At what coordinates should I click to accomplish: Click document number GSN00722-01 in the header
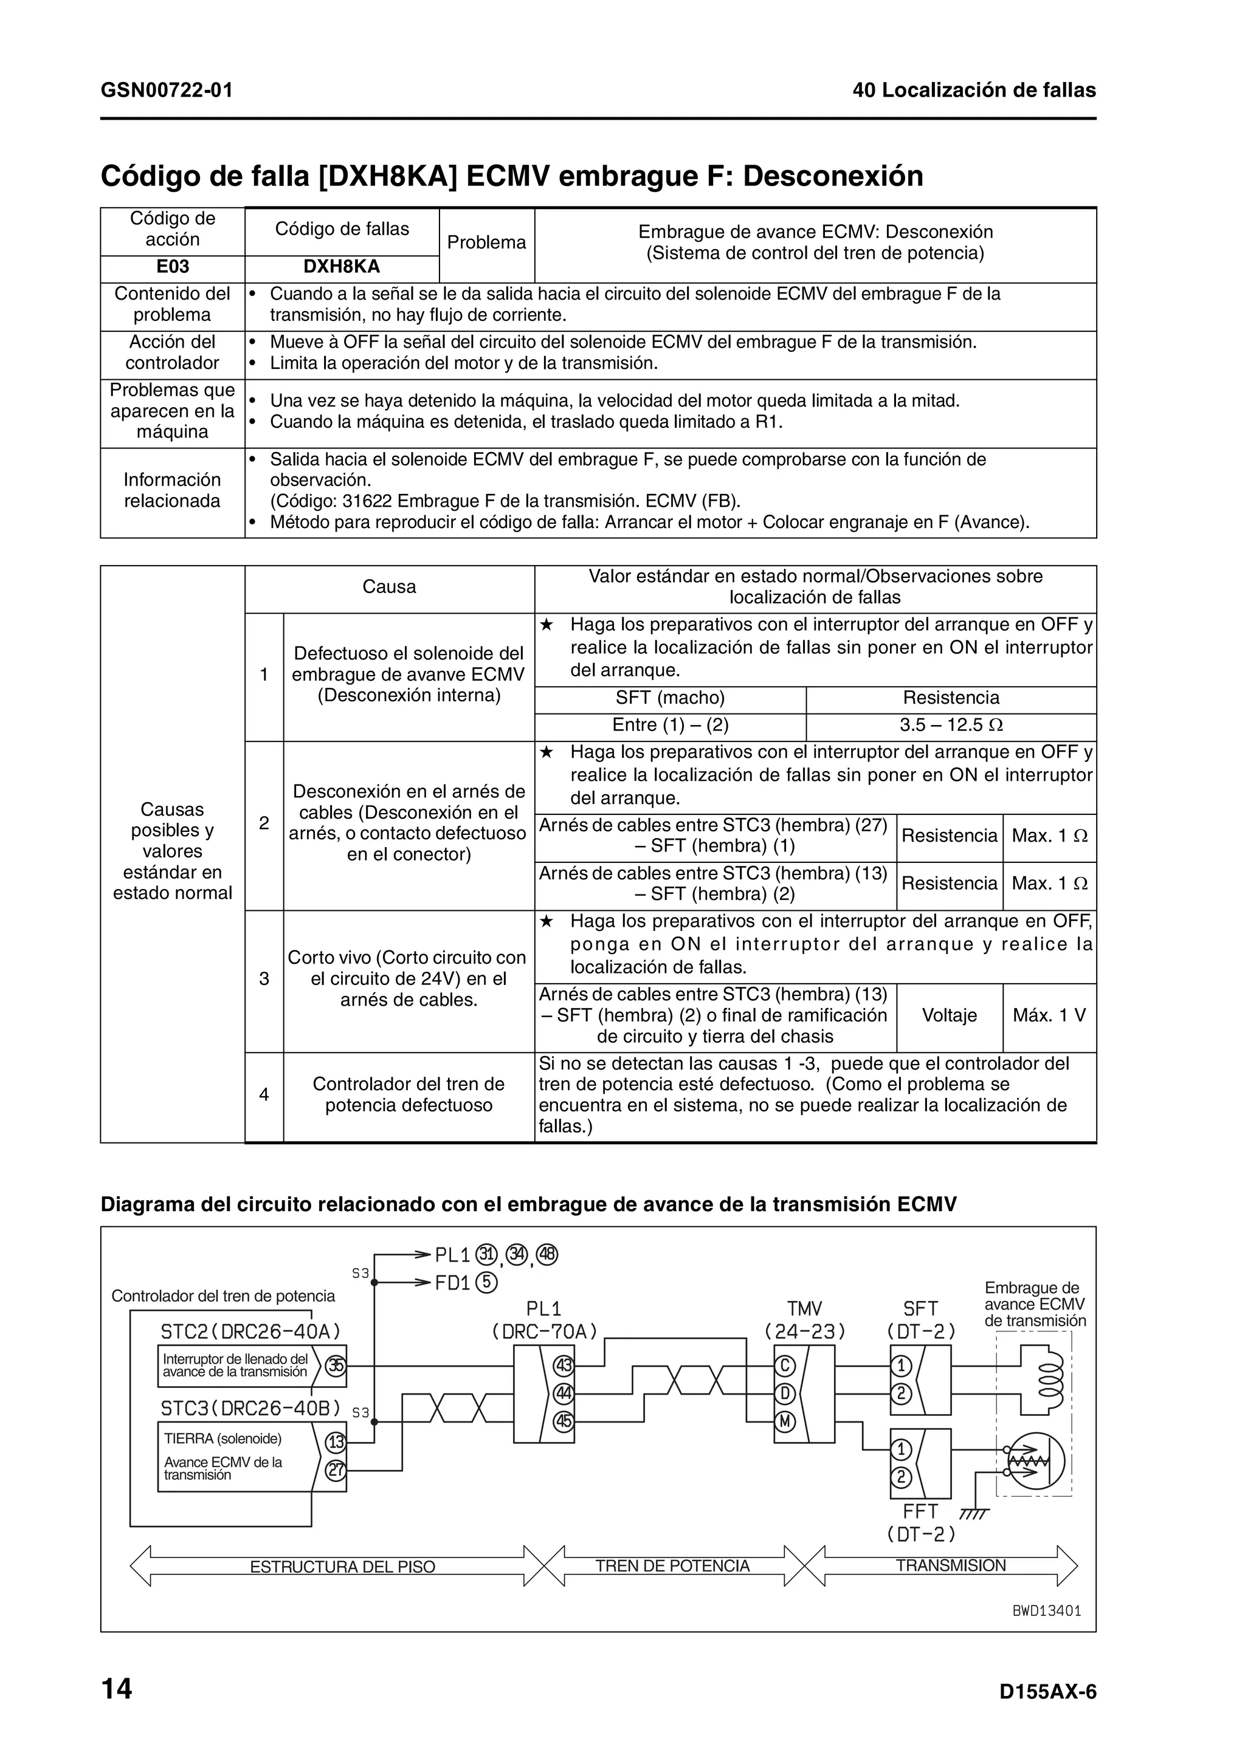tap(167, 91)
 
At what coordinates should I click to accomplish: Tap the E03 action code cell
tap(172, 266)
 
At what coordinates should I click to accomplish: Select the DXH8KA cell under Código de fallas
tap(342, 267)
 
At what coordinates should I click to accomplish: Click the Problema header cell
tap(486, 242)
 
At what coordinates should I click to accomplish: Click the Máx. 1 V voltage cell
tap(1049, 1015)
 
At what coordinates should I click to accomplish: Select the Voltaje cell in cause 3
tap(949, 1015)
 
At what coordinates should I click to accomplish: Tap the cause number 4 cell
tap(264, 1094)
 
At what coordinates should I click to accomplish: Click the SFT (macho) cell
tap(670, 698)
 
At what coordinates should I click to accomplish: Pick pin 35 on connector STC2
tap(335, 1365)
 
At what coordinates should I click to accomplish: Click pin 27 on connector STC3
tap(335, 1471)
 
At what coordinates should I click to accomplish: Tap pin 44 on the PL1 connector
tap(564, 1393)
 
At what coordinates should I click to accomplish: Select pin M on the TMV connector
tap(785, 1421)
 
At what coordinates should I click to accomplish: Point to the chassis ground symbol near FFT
tap(974, 1514)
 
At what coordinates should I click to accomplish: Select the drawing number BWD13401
tap(1046, 1611)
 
